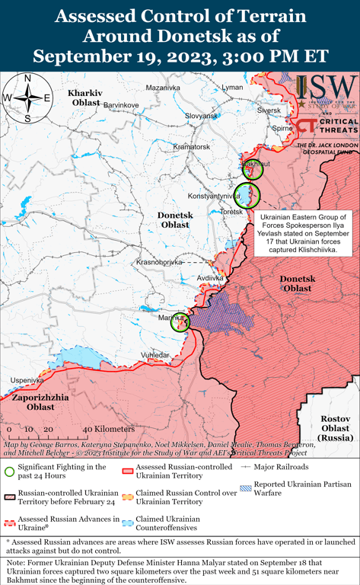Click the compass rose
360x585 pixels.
(x=27, y=97)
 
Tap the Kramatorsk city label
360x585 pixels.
(x=191, y=146)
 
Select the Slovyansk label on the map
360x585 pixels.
(x=202, y=116)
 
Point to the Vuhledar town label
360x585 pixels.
(x=155, y=355)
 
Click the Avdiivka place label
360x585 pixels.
(x=210, y=279)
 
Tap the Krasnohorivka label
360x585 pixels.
(x=159, y=262)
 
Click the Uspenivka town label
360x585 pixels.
(x=27, y=380)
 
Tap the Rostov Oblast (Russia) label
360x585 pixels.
(x=336, y=429)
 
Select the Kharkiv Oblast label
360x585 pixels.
(x=85, y=97)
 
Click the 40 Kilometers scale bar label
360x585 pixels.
(x=99, y=430)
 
